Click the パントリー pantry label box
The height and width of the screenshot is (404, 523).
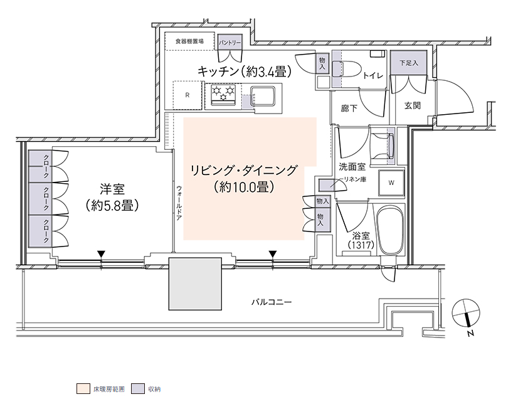230,43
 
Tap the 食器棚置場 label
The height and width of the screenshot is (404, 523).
189,41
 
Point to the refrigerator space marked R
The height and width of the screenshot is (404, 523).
188,95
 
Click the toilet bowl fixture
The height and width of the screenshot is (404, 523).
347,69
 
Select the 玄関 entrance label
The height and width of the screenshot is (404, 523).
412,105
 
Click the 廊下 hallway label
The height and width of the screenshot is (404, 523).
349,108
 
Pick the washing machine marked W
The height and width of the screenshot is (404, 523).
391,183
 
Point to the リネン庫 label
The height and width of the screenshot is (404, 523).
355,179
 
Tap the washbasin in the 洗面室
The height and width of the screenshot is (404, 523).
383,146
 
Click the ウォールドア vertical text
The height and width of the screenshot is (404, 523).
179,203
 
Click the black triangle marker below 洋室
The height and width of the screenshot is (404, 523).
102,254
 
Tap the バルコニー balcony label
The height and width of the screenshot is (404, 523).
271,302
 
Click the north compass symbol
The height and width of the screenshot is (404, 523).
466,313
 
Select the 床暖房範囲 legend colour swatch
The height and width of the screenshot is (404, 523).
83,389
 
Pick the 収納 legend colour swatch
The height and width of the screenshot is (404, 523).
138,389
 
